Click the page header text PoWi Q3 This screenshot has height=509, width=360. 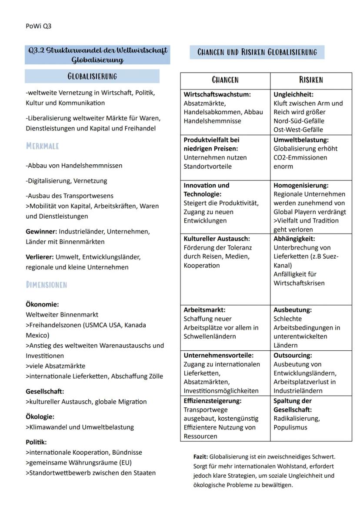pyautogui.click(x=38, y=26)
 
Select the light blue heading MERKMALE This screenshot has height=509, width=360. pyautogui.click(x=43, y=146)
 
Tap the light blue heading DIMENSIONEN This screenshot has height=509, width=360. pyautogui.click(x=47, y=285)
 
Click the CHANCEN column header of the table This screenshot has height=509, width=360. pyautogui.click(x=225, y=80)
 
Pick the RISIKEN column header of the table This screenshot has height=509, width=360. pyautogui.click(x=311, y=80)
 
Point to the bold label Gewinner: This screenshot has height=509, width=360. pyautogui.click(x=41, y=232)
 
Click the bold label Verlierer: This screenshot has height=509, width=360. pyautogui.click(x=40, y=257)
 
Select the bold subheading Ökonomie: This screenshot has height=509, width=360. pyautogui.click(x=42, y=304)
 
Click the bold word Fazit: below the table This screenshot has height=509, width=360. pyautogui.click(x=200, y=457)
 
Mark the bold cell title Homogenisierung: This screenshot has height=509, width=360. pyautogui.click(x=301, y=185)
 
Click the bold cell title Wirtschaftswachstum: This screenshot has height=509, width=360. pyautogui.click(x=217, y=94)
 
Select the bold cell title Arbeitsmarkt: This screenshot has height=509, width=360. pyautogui.click(x=204, y=310)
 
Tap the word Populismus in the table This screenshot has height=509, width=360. pyautogui.click(x=290, y=427)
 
